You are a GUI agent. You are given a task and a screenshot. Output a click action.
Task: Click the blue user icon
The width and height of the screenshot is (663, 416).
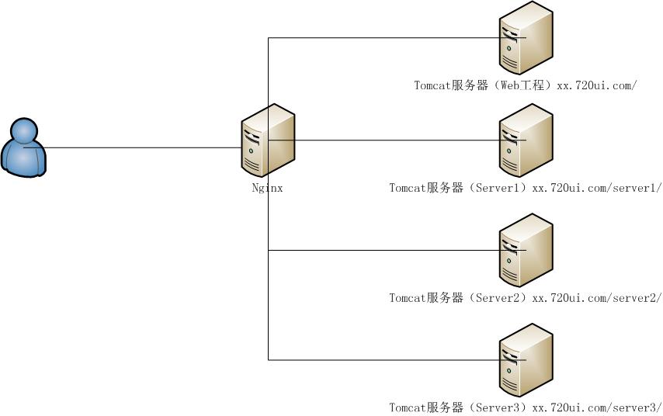tap(24, 148)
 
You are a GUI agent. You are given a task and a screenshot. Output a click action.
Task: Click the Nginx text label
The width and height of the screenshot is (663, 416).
tap(267, 188)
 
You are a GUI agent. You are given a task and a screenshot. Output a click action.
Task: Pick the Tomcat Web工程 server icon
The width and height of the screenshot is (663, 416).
tap(526, 38)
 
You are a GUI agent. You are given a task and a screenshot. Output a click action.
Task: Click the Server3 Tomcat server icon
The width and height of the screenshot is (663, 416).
tap(526, 360)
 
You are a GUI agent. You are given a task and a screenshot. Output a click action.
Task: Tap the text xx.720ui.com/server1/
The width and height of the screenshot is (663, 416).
tap(596, 188)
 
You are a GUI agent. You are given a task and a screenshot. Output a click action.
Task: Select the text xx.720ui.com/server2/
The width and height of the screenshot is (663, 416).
tap(596, 298)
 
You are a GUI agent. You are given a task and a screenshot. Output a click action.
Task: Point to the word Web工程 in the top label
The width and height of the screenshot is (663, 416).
tap(520, 85)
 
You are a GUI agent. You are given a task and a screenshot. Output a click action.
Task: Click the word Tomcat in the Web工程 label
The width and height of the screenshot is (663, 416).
tap(432, 85)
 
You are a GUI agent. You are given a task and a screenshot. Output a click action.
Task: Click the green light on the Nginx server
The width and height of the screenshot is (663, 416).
tap(251, 150)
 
